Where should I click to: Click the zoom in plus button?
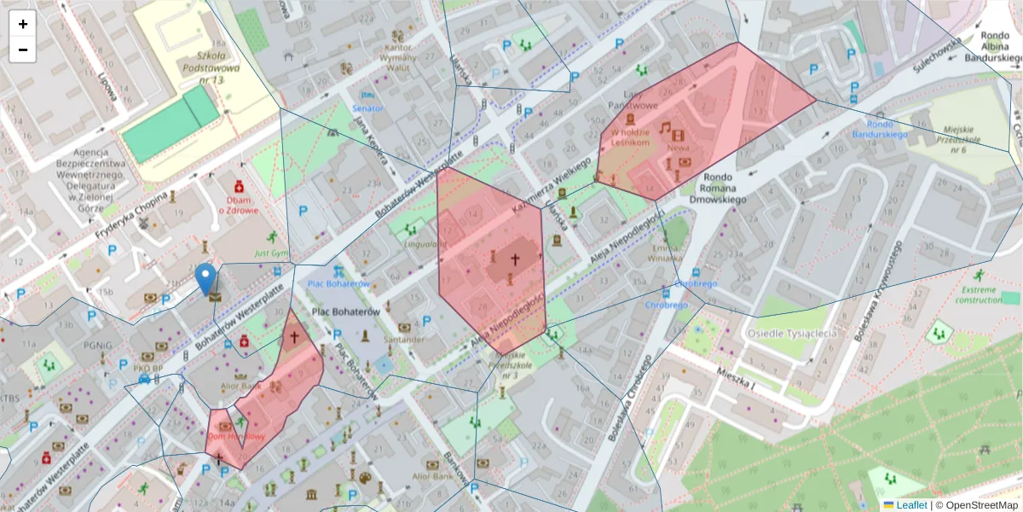click(23, 24)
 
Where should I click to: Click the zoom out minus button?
click(23, 49)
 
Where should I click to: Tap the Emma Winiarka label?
click(665, 253)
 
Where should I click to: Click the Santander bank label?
click(403, 339)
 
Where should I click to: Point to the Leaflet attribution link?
click(910, 505)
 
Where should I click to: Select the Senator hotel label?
click(367, 108)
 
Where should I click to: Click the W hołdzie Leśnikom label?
click(630, 137)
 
